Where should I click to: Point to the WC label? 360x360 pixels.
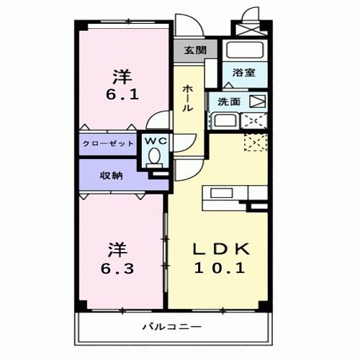tap(157, 141)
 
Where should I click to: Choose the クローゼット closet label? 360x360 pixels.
tap(109, 144)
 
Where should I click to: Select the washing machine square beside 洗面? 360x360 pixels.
tap(257, 102)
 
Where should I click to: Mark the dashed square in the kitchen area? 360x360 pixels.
tap(256, 142)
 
